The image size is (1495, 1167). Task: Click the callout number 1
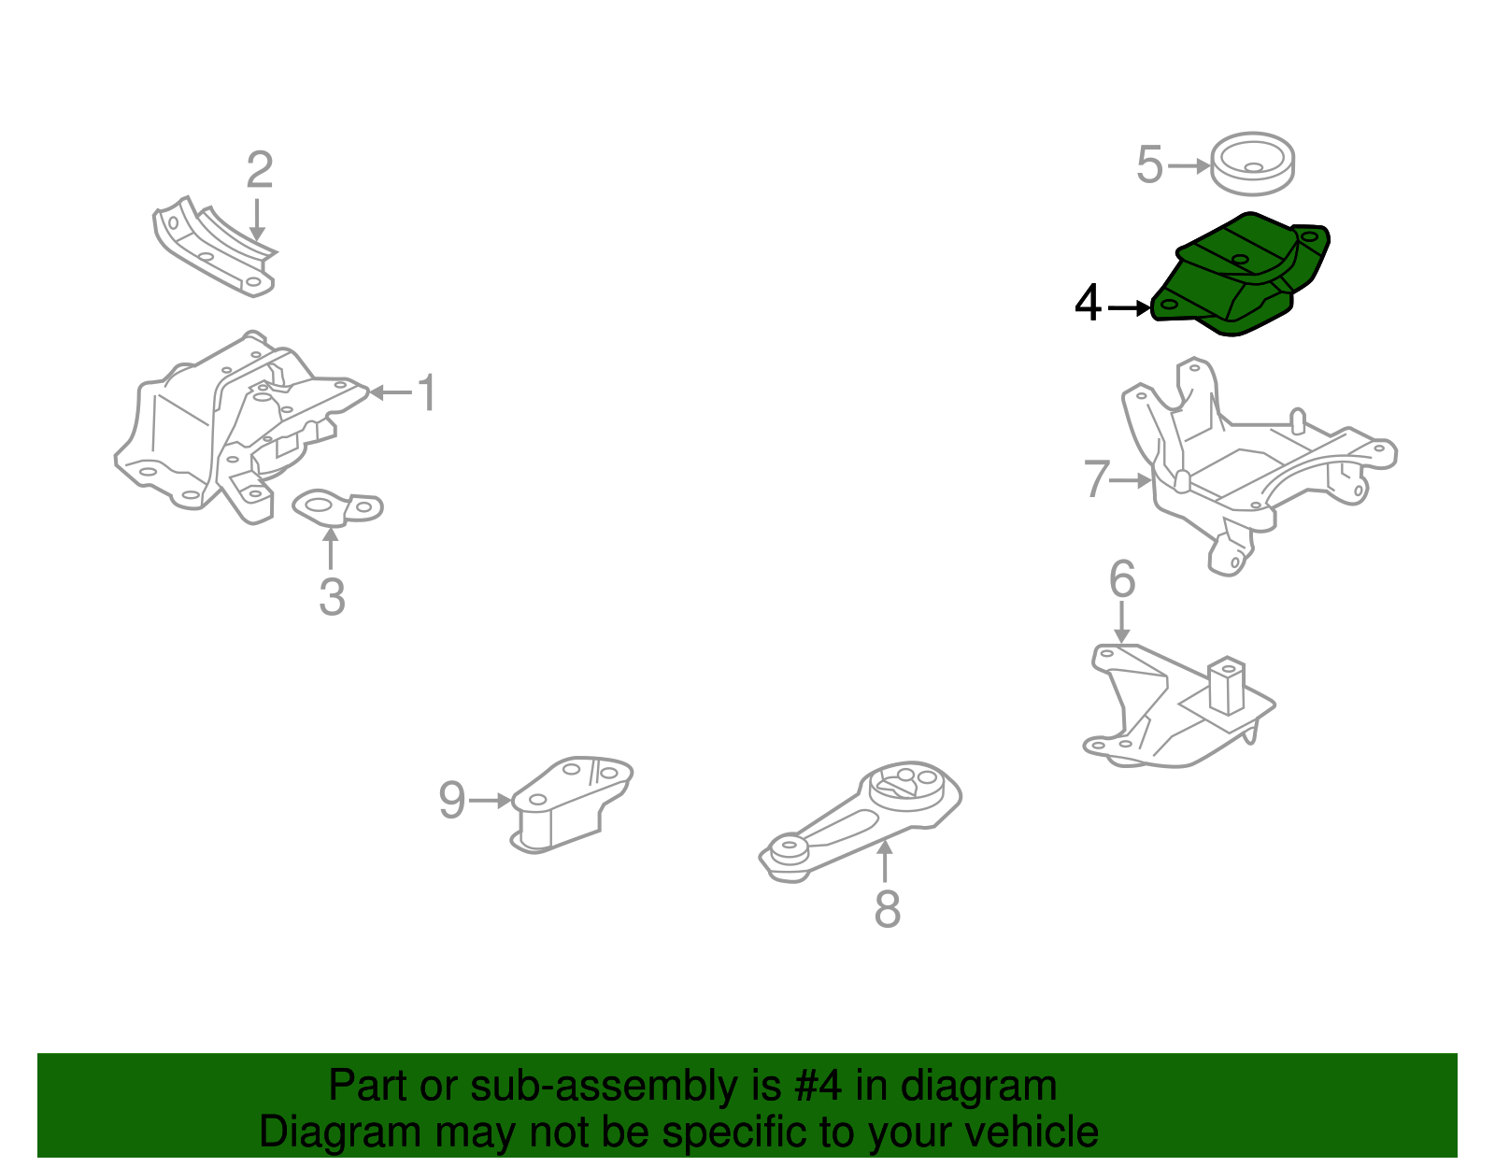pos(427,392)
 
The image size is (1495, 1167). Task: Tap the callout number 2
pos(260,170)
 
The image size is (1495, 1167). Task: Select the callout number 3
pos(332,598)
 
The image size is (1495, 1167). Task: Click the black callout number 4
pos(1088,304)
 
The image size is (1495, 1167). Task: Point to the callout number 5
pos(1149,165)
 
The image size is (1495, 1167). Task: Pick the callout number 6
pos(1122,579)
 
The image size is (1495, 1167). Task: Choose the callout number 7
pos(1096,478)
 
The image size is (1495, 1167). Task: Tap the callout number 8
pos(887,908)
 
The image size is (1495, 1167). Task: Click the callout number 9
pos(452,800)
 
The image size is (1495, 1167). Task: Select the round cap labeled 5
pos(1252,164)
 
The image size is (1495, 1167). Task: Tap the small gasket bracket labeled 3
pos(337,509)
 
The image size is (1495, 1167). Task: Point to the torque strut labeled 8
pos(860,822)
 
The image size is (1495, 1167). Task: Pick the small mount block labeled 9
pos(571,804)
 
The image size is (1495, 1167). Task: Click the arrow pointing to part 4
pos(1129,308)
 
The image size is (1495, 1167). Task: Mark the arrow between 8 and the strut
pos(885,861)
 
